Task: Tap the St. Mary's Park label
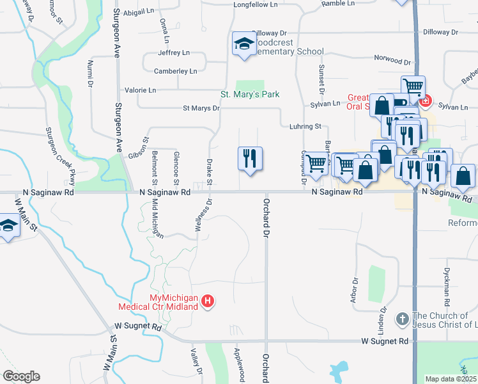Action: click(250, 95)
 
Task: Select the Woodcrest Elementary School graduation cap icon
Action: click(243, 44)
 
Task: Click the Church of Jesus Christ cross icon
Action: click(403, 318)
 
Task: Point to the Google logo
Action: click(21, 376)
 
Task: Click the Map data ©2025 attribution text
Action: click(451, 379)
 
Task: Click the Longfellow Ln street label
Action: click(256, 4)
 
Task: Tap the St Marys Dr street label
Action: click(201, 108)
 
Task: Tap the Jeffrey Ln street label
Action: click(174, 52)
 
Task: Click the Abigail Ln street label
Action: click(139, 12)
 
